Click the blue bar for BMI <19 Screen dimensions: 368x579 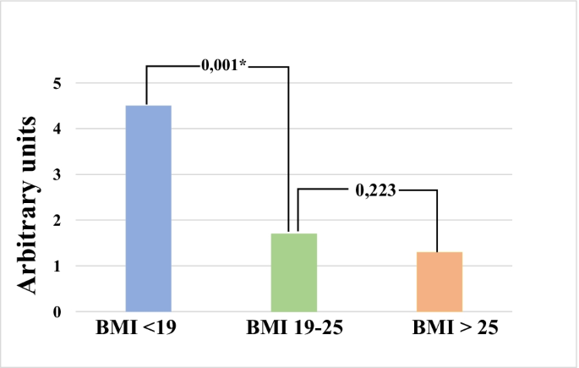(148, 208)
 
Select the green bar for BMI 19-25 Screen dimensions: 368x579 (293, 272)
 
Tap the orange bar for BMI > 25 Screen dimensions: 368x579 (439, 281)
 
